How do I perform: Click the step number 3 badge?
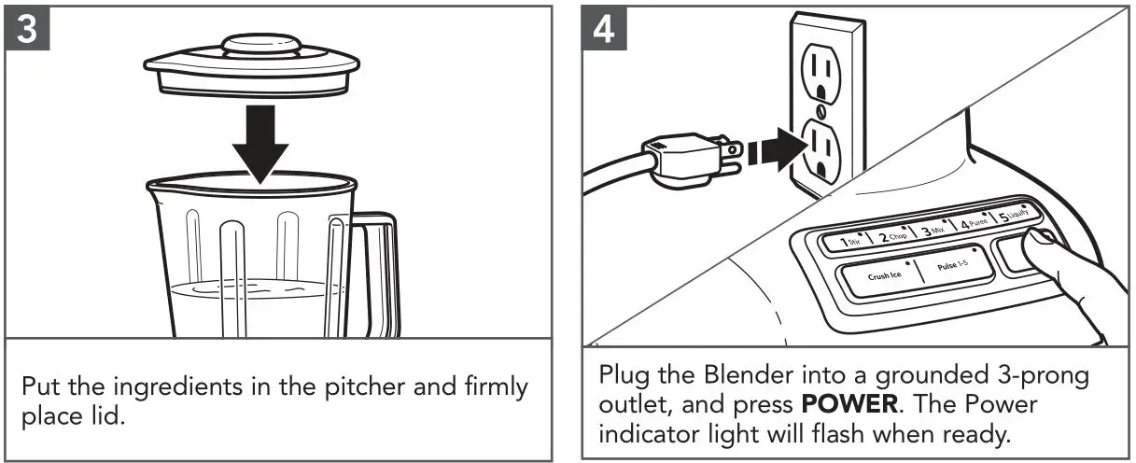(28, 30)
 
